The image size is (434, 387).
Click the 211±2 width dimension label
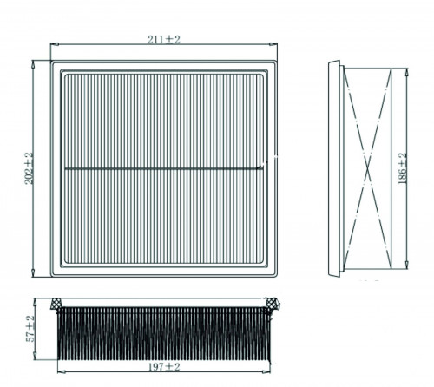[164, 40]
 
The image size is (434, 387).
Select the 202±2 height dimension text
[30, 168]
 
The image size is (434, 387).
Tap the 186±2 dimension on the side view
[403, 168]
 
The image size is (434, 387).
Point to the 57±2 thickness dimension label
[30, 329]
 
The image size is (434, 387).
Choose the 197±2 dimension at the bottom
[164, 367]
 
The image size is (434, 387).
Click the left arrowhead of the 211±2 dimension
[55, 44]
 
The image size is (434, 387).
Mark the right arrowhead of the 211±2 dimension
[273, 44]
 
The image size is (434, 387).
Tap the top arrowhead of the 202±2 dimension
[33, 64]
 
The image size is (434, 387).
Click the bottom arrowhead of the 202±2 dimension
[33, 272]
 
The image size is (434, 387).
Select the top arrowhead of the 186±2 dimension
[406, 72]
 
